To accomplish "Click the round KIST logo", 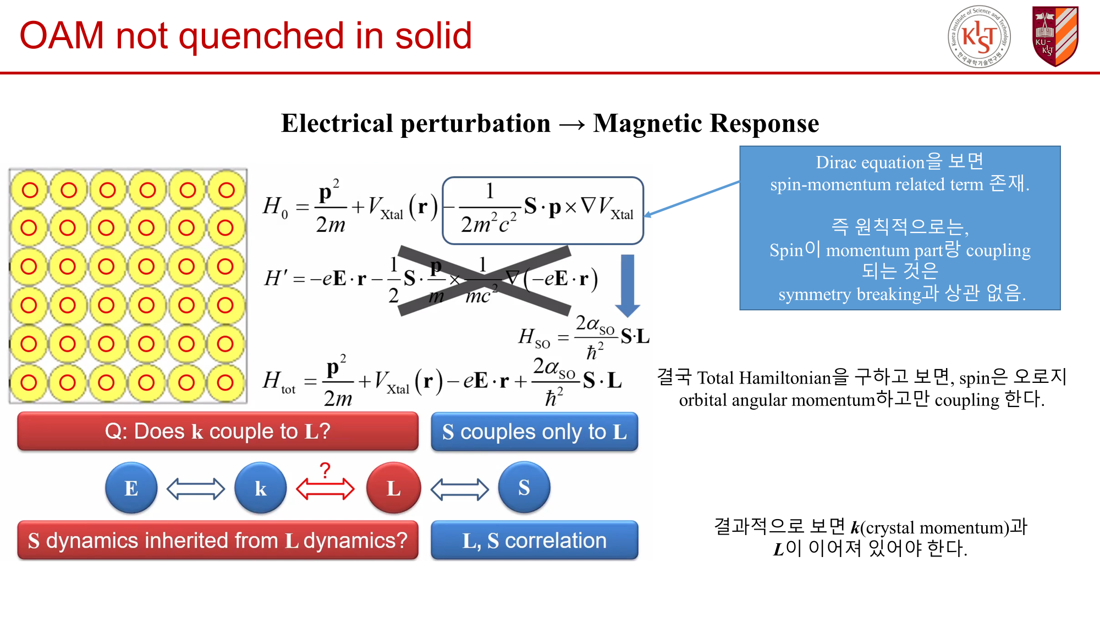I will (x=979, y=37).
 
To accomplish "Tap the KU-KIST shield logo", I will (x=1055, y=36).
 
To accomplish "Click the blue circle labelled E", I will (x=131, y=488).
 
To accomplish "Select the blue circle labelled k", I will (x=260, y=488).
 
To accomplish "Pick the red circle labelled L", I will (x=393, y=488).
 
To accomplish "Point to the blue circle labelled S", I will (x=524, y=487).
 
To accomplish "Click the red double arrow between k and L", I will (x=325, y=489).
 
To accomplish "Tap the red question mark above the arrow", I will (x=325, y=470).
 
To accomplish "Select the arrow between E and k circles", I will (x=195, y=489).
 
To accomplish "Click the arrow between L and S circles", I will (x=459, y=489).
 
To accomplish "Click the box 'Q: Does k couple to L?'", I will (x=218, y=432).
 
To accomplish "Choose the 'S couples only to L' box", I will (x=534, y=432).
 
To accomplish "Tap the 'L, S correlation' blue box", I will (x=534, y=541).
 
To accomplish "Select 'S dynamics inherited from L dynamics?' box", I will (x=218, y=541).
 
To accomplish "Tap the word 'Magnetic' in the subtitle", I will (x=644, y=123).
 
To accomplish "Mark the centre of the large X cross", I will (x=484, y=280).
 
